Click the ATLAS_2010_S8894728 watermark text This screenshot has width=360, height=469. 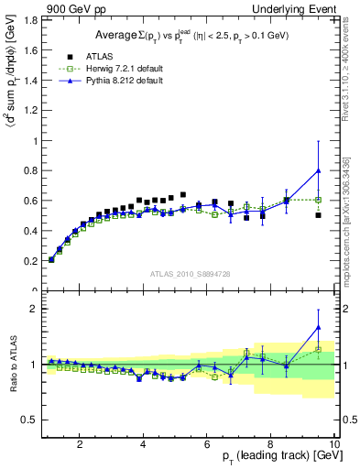coord(189,273)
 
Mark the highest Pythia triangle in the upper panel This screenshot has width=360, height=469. coord(318,170)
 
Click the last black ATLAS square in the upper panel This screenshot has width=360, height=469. coord(318,215)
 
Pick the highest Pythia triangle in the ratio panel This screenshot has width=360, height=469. coord(318,327)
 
